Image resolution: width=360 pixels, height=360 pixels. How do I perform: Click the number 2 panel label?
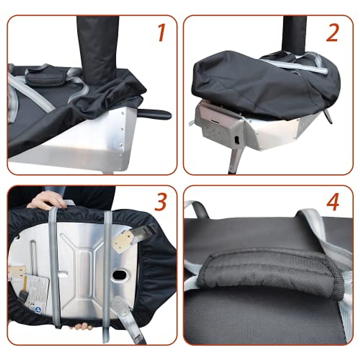pyautogui.click(x=332, y=33)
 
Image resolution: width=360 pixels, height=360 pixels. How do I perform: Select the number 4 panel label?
pyautogui.click(x=332, y=203)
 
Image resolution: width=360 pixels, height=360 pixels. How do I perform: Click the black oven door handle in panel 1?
pyautogui.click(x=155, y=114)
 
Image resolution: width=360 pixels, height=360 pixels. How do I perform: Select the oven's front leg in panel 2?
pyautogui.click(x=233, y=160)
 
